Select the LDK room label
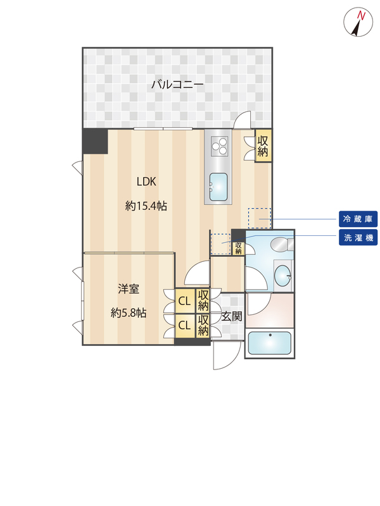[x=146, y=182]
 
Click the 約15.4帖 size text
[x=146, y=206]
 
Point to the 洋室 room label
[x=129, y=289]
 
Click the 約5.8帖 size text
[x=129, y=312]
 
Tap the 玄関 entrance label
[x=232, y=316]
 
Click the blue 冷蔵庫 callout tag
[x=358, y=219]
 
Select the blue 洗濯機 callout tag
[x=358, y=238]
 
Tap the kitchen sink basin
[x=219, y=186]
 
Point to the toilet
[x=280, y=245]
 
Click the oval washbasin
[x=283, y=275]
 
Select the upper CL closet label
[x=184, y=301]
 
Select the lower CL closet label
[x=184, y=325]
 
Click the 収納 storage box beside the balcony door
[x=263, y=146]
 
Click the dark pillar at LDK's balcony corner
[x=95, y=141]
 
